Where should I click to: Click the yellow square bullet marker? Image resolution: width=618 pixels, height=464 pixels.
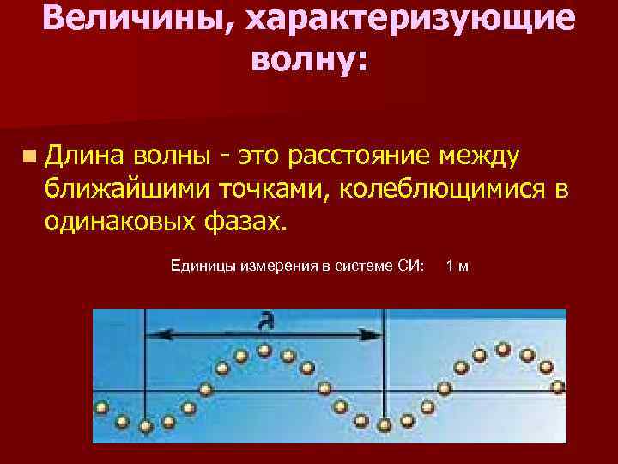pos(30,156)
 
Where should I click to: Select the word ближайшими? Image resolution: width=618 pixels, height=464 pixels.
pos(129,188)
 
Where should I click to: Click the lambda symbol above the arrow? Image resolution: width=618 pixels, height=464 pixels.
pos(267,322)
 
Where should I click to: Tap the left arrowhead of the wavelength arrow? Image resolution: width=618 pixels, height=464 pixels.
pos(155,334)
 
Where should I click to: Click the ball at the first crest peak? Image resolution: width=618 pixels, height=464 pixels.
pos(264,350)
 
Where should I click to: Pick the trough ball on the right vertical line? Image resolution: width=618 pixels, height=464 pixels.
pos(384,424)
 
